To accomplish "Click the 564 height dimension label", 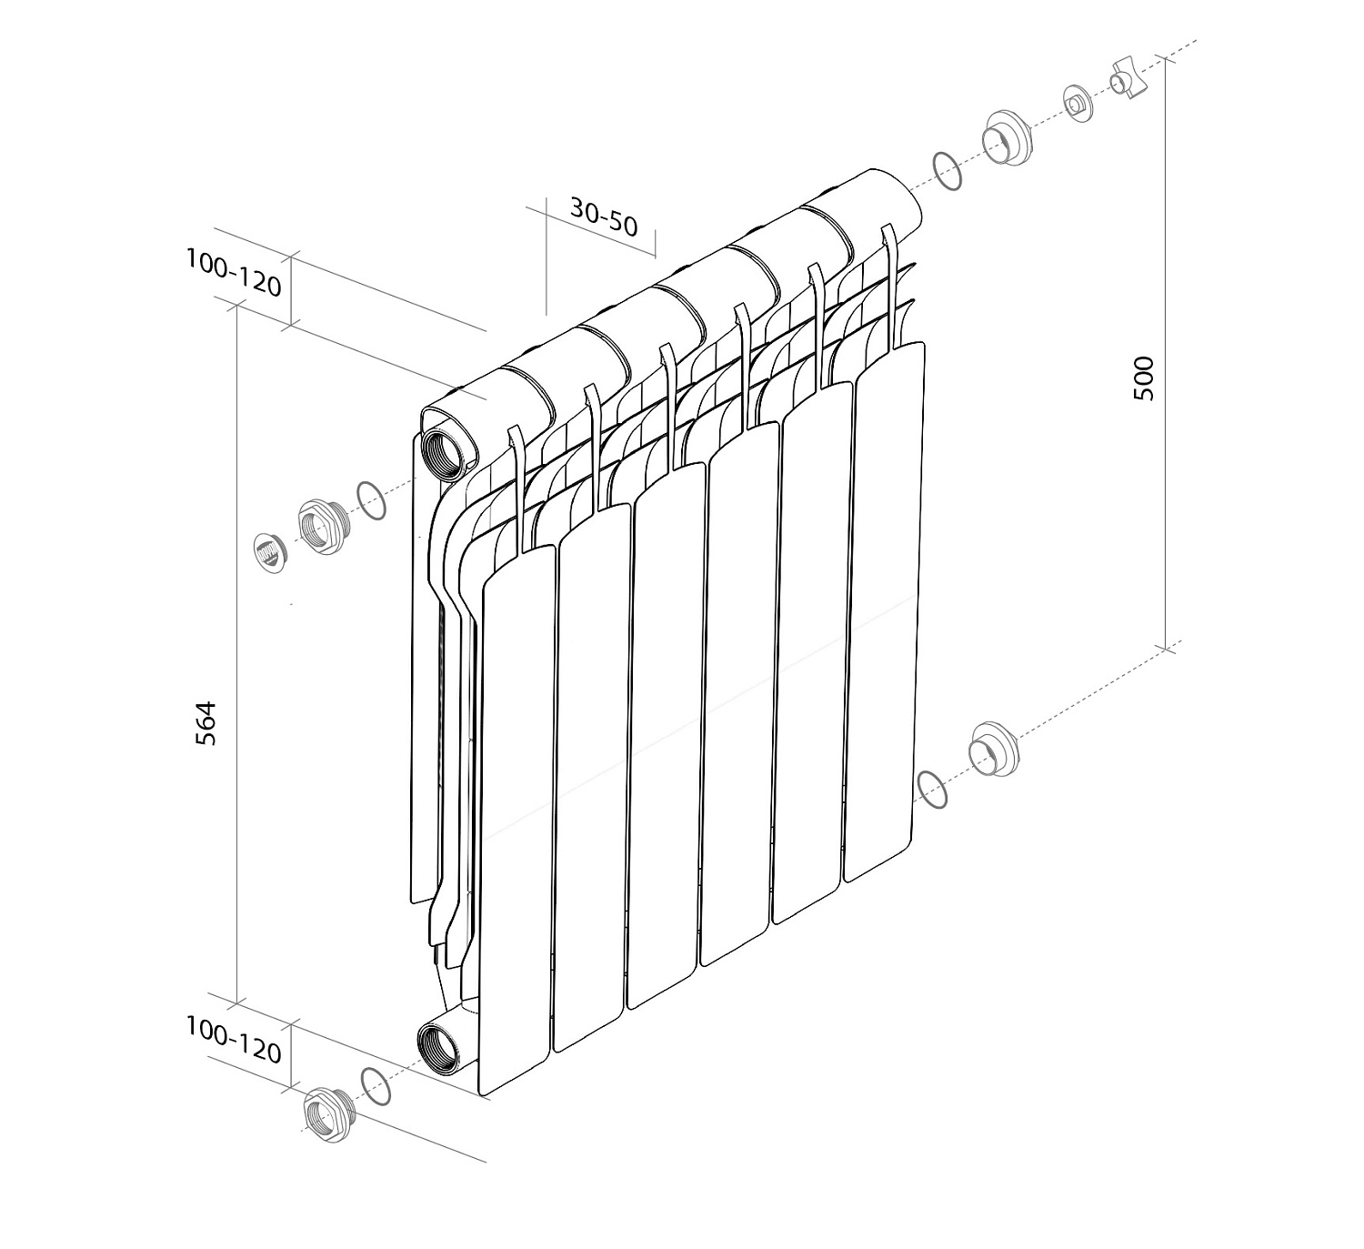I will tap(208, 723).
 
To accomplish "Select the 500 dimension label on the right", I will tap(1143, 378).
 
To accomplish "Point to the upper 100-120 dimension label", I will tap(234, 273).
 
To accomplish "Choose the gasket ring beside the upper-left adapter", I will tap(371, 500).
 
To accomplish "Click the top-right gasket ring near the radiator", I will tap(947, 171).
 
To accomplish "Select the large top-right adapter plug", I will tap(1006, 138).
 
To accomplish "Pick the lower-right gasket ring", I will tap(933, 789).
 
